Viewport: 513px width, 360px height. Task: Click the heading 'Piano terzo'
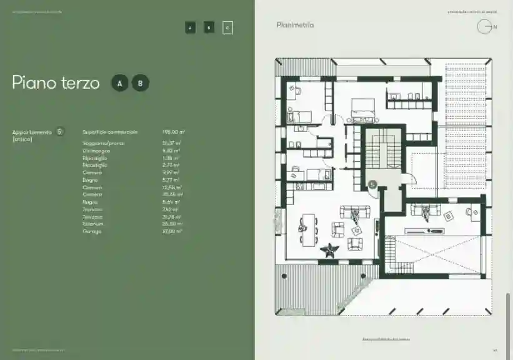click(x=56, y=83)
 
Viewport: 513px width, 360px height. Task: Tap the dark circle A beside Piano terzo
click(x=119, y=83)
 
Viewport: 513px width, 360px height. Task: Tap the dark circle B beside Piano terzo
click(x=140, y=83)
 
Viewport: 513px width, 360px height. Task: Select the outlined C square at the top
click(x=227, y=27)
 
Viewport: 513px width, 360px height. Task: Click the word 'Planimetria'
click(x=295, y=25)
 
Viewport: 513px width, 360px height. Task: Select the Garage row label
click(x=91, y=231)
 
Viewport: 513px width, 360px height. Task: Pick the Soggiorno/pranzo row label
click(x=99, y=144)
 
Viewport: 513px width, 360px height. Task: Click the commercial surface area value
click(x=171, y=132)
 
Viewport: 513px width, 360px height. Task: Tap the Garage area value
click(x=172, y=231)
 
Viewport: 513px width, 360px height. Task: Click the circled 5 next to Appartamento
click(x=59, y=131)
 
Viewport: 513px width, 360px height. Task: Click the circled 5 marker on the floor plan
click(x=371, y=185)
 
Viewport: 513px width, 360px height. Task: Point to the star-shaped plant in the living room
click(x=329, y=251)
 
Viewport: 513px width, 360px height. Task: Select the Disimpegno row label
click(x=96, y=151)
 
